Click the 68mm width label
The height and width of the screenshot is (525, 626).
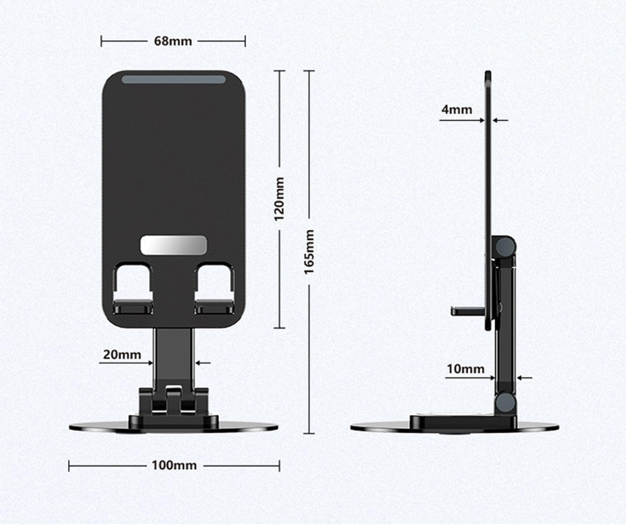(173, 41)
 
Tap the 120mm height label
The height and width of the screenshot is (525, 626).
(279, 198)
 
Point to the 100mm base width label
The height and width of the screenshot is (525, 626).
(174, 466)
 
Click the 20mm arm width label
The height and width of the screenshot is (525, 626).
(122, 355)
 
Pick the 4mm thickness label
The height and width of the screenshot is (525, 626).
(457, 109)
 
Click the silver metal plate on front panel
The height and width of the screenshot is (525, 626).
(173, 245)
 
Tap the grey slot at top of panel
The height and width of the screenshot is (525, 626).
(173, 80)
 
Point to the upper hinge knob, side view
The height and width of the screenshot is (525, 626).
(506, 246)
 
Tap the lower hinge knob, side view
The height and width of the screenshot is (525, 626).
(506, 403)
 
